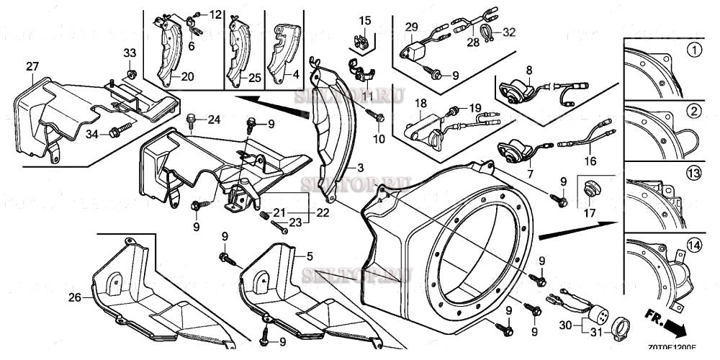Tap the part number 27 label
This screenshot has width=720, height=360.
(32, 66)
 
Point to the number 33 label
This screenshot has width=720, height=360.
(129, 53)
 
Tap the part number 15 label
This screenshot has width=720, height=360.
(365, 19)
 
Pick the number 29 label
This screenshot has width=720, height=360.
(411, 27)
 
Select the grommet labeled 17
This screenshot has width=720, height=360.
(589, 189)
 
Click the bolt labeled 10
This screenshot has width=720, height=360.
(378, 117)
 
